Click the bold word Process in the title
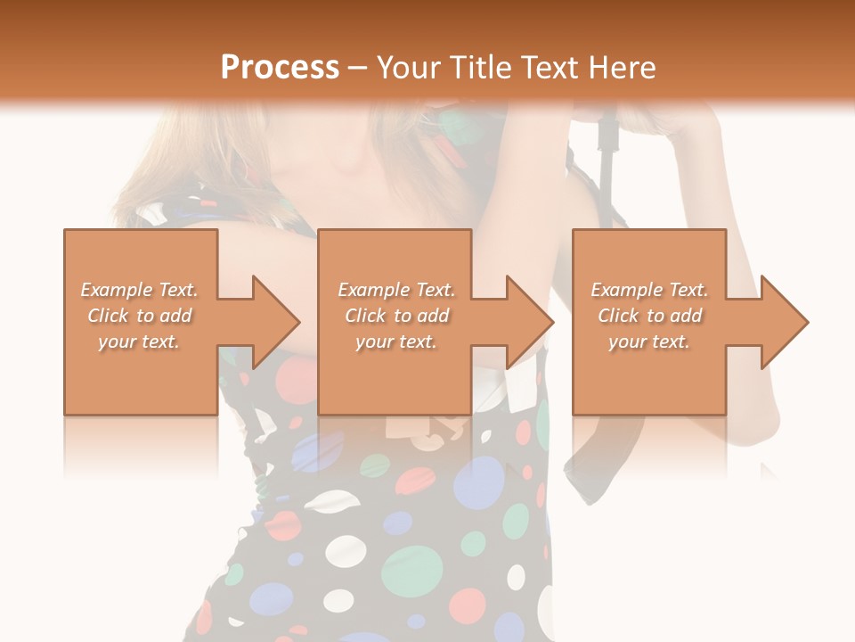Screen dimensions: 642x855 [x=280, y=68]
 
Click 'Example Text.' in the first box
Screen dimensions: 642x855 [x=140, y=290]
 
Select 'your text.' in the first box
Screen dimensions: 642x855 [x=140, y=342]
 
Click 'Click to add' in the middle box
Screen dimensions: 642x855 [x=396, y=316]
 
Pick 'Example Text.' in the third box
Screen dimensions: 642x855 [x=649, y=290]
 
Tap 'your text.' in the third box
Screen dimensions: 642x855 [x=649, y=342]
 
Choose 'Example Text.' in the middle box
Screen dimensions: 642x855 [x=396, y=290]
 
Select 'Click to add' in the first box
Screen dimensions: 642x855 [x=140, y=316]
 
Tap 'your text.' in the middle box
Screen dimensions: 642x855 [x=396, y=342]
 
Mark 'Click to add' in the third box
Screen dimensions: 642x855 [x=649, y=316]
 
